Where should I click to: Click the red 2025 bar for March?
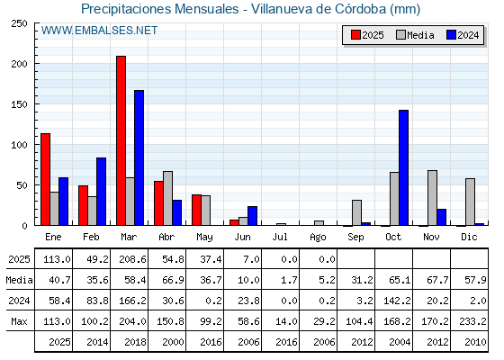(x=121, y=140)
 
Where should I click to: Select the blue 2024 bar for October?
(x=404, y=167)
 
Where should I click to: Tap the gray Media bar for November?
(x=432, y=198)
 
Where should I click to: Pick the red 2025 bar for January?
(x=45, y=179)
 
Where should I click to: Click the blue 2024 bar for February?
(x=101, y=191)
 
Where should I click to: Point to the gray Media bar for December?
(x=470, y=202)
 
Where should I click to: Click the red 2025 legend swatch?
(x=355, y=35)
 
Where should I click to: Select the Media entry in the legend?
(x=415, y=35)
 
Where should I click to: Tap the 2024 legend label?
(x=468, y=35)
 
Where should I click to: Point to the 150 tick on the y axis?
(x=19, y=104)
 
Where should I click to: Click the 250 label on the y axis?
(x=19, y=23)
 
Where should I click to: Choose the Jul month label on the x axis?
(x=280, y=237)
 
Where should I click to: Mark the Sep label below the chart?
(x=355, y=238)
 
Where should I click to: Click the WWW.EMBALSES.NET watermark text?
(x=99, y=31)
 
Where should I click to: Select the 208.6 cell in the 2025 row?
(x=132, y=259)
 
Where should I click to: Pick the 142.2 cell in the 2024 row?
(x=397, y=301)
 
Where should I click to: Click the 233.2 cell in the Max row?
(x=472, y=321)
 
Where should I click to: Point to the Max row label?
(x=19, y=321)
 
